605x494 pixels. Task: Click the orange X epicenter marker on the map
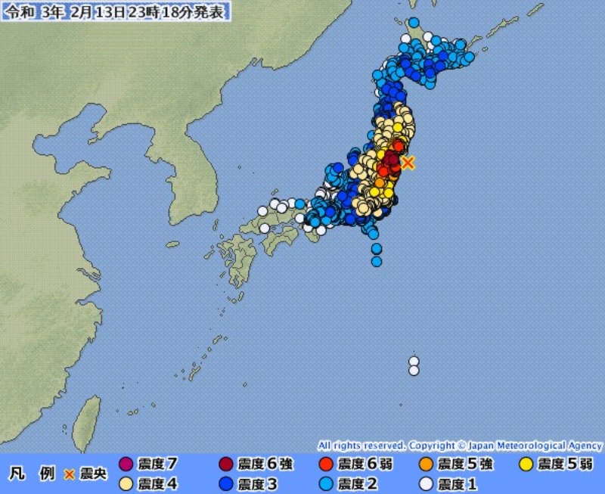coord(408,162)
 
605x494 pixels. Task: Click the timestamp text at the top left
coord(116,13)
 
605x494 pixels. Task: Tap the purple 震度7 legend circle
coord(126,464)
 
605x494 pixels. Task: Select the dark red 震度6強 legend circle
coord(225,464)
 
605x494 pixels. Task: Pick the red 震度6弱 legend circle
coord(326,464)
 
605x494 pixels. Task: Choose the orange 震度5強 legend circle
coord(426,464)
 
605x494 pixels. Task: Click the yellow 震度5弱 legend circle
coord(526,464)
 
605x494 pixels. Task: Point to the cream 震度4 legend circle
coord(126,483)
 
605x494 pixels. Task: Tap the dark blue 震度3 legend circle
coord(225,483)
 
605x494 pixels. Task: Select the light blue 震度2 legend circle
coord(326,483)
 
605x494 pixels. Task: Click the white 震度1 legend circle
coord(426,483)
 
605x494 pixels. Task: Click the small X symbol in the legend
coord(70,474)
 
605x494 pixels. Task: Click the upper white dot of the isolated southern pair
coord(414,360)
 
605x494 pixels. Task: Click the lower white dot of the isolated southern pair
coord(414,371)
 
